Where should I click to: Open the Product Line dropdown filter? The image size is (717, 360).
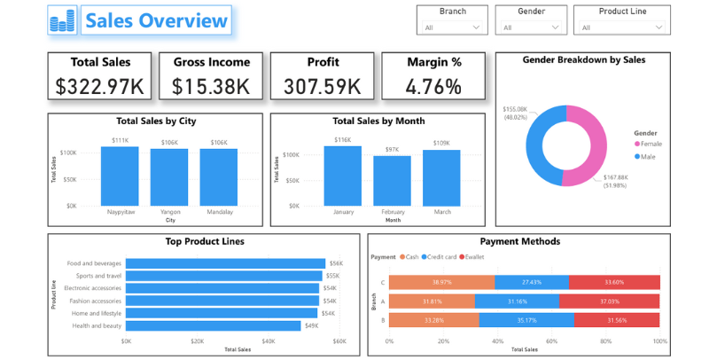click(x=620, y=27)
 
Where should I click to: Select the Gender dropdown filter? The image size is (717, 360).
click(x=530, y=27)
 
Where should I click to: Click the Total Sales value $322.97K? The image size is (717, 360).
click(x=100, y=86)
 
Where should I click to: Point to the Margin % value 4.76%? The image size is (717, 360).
click(x=433, y=86)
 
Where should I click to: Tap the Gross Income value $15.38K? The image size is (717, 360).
click(x=211, y=86)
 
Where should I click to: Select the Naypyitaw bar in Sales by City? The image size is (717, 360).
click(x=120, y=176)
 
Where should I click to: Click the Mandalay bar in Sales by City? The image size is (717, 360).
click(x=218, y=177)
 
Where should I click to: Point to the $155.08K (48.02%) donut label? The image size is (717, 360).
click(x=516, y=113)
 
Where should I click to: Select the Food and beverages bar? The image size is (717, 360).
click(x=225, y=263)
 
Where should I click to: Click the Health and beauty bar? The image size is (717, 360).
click(x=213, y=325)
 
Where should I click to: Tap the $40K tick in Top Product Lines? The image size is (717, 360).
click(x=268, y=341)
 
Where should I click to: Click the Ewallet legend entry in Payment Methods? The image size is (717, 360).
click(x=472, y=257)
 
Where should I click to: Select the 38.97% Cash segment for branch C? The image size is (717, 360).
click(x=440, y=281)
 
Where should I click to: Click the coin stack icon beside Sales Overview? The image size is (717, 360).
click(x=64, y=20)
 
